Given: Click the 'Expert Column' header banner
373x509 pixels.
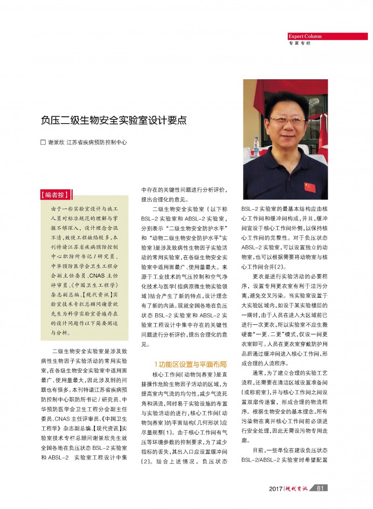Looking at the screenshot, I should [305, 36].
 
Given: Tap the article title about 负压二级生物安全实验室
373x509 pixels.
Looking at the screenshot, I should [114, 120].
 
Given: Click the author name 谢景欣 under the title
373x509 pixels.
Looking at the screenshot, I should [56, 142].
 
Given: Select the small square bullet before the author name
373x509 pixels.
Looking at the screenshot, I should [43, 142].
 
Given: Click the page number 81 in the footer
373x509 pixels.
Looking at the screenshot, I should [320, 488].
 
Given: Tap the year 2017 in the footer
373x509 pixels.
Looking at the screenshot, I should [276, 488].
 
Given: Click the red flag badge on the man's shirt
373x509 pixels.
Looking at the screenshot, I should [310, 187].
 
